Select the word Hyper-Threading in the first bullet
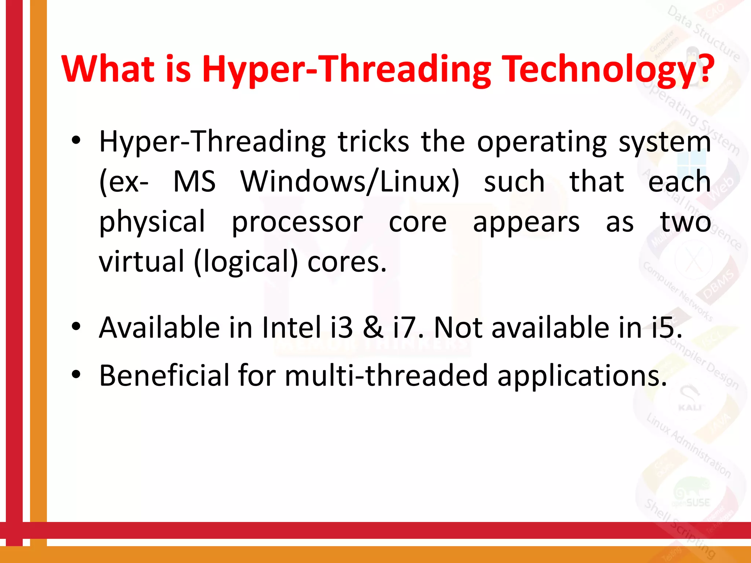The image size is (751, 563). pos(212,142)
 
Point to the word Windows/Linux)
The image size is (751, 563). pos(350,182)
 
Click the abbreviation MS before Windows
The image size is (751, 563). pos(194,182)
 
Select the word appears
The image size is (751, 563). pos(526,223)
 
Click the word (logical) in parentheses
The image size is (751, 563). pos(246,262)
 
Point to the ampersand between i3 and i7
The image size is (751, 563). pos(373,327)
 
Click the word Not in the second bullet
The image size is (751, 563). pos(458,327)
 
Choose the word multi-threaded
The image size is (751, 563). pos(386,375)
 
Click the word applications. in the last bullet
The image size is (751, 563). pos(582,376)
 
